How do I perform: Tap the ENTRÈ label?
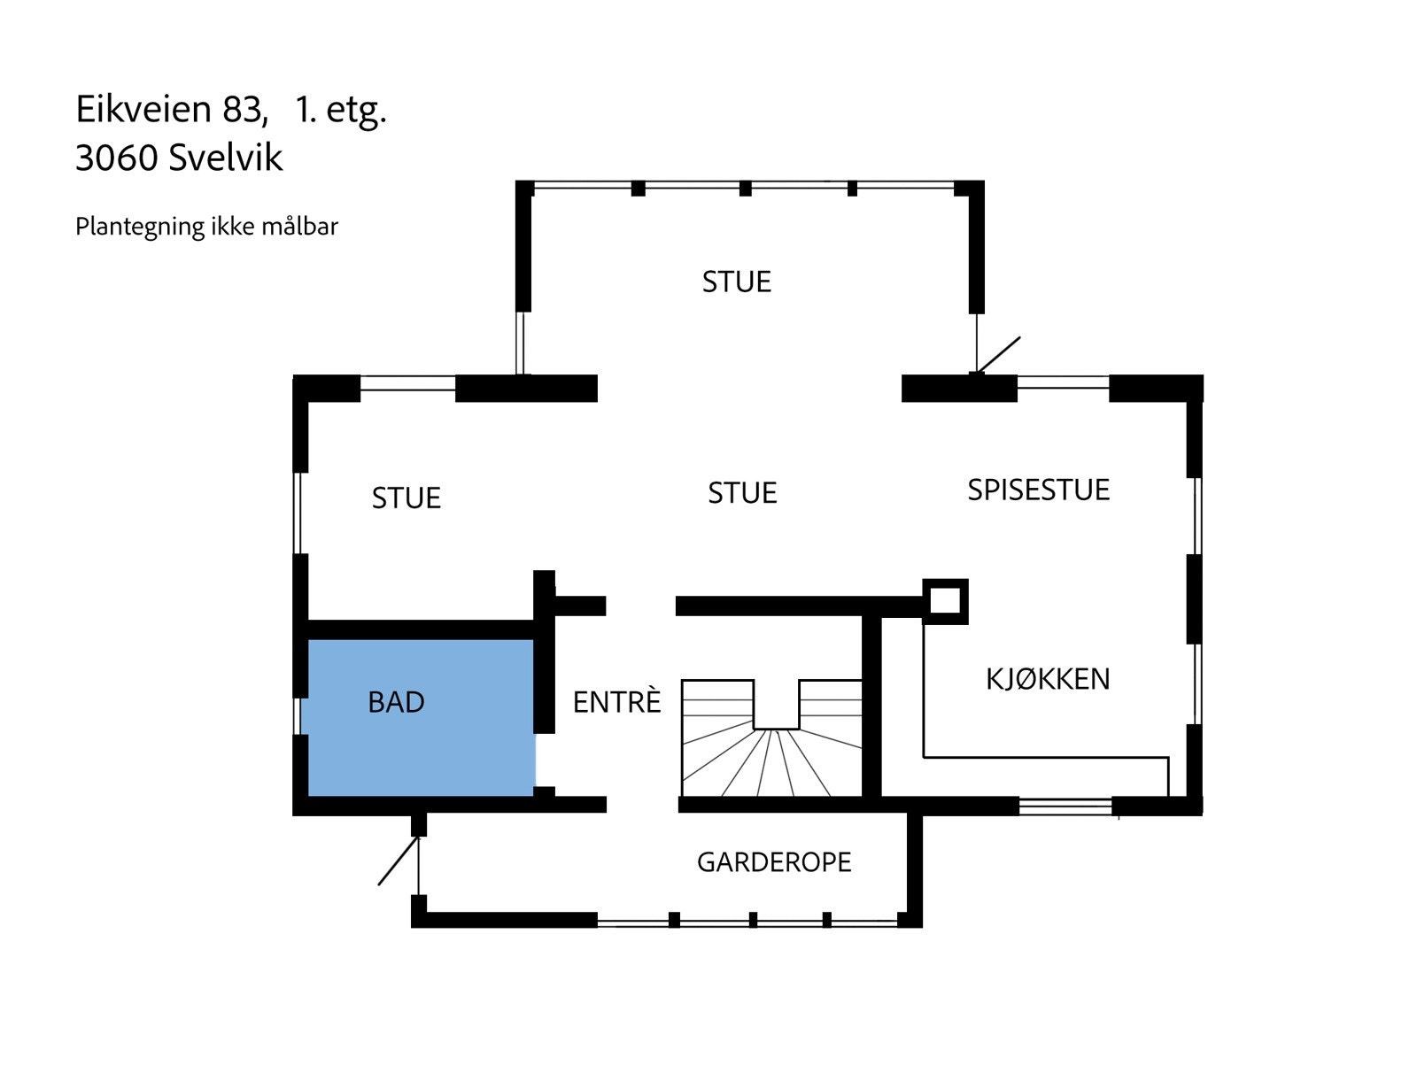click(616, 702)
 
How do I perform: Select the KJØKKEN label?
click(1048, 679)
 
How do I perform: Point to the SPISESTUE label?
click(1038, 490)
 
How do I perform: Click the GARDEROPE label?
click(774, 862)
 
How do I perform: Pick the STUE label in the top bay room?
click(736, 282)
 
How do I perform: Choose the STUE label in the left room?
click(406, 498)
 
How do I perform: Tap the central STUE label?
click(742, 493)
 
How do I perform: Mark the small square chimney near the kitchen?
click(945, 601)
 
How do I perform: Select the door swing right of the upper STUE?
click(996, 356)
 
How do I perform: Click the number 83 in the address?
click(242, 109)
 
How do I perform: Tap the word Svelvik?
click(225, 158)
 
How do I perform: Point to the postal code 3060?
click(116, 158)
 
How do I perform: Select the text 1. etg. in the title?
click(341, 110)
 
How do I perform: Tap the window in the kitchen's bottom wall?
click(1065, 806)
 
